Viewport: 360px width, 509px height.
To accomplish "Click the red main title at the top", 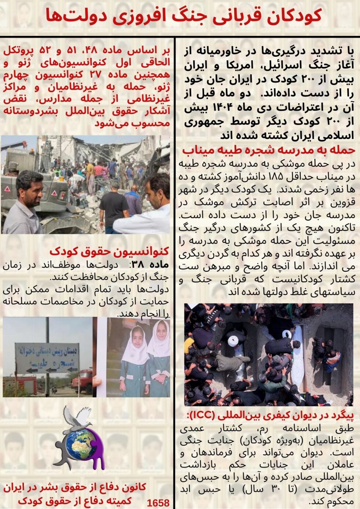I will click(184, 16).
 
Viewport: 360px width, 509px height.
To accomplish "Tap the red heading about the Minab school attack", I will click(268, 150).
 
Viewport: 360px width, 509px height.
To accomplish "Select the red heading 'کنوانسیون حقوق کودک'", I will click(109, 251).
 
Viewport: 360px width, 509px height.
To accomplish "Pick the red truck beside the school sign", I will click(82, 381).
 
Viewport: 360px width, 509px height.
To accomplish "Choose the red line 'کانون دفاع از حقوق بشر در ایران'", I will click(75, 487).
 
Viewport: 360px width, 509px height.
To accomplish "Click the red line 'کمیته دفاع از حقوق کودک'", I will click(75, 500).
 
